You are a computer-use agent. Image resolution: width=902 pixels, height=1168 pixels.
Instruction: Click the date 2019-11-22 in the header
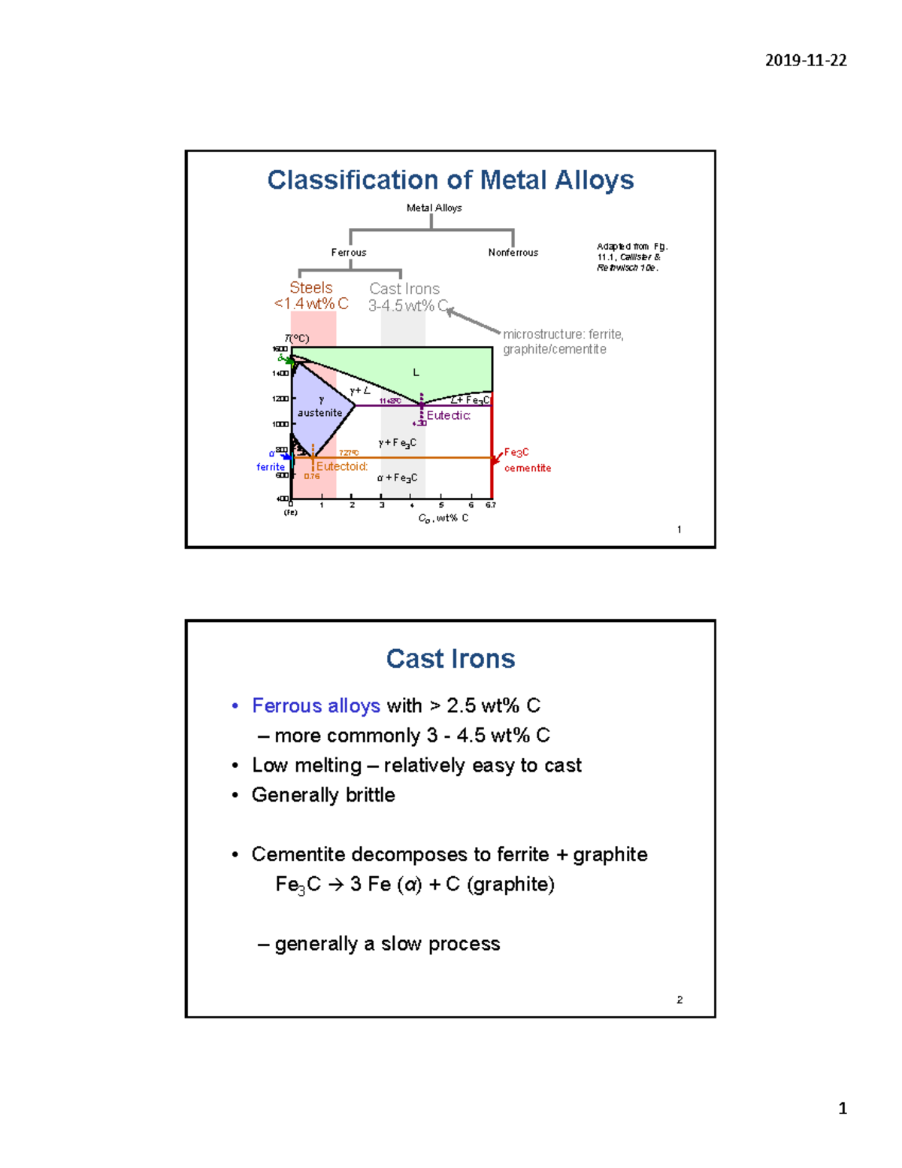click(806, 61)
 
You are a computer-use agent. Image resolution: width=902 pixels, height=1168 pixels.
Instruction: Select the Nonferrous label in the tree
click(513, 253)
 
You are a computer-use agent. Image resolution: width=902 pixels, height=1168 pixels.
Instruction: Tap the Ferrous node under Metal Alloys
click(349, 253)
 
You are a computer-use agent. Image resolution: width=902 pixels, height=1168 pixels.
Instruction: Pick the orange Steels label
click(311, 288)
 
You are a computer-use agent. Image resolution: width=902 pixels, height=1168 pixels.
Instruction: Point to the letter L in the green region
click(416, 372)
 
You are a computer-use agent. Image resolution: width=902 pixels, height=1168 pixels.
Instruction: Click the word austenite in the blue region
click(319, 413)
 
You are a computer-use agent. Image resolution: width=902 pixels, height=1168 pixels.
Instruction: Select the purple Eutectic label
click(449, 416)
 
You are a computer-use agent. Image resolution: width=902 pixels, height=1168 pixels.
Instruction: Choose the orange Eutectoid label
click(342, 466)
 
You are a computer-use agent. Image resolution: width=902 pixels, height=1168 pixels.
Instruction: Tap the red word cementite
click(528, 468)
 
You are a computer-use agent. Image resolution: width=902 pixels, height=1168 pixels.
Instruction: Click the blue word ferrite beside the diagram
click(271, 467)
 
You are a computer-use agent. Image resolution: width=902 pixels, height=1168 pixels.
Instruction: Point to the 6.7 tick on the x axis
click(490, 505)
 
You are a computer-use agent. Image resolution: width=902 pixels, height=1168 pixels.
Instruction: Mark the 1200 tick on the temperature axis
click(280, 399)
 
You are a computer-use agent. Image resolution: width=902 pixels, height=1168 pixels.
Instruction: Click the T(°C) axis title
click(297, 338)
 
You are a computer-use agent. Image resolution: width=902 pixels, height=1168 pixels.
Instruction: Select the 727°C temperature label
click(349, 453)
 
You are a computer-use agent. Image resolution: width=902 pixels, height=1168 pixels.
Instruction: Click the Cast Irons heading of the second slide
click(450, 659)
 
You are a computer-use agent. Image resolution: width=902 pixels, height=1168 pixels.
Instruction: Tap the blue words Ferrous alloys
click(316, 705)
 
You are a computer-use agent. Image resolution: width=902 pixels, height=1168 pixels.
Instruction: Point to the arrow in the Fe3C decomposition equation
click(335, 884)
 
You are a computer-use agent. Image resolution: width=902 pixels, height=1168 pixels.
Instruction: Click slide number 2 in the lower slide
click(680, 1000)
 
